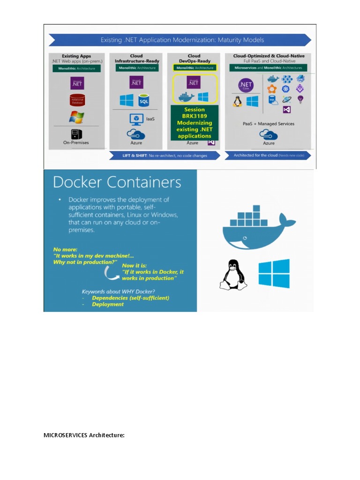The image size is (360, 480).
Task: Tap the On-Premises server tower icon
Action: pos(76,134)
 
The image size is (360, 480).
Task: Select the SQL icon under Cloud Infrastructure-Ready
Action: pos(143,100)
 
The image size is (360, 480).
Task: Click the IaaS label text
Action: pos(150,119)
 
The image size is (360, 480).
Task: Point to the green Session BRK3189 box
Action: pos(195,123)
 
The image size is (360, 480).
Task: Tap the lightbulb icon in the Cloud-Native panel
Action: pos(300,99)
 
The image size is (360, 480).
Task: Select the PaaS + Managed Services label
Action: pos(269,124)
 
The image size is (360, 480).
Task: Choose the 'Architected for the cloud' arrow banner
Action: pos(268,156)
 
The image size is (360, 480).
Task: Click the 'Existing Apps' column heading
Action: pos(76,56)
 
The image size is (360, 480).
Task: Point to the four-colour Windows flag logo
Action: pos(76,117)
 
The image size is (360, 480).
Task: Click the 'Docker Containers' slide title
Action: pos(117,182)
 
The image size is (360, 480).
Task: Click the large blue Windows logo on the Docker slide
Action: pos(274,273)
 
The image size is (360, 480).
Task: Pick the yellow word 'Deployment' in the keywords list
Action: pos(108,304)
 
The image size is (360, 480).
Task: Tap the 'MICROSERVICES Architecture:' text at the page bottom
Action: pos(84,435)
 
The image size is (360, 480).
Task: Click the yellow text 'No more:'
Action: pos(65,249)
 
